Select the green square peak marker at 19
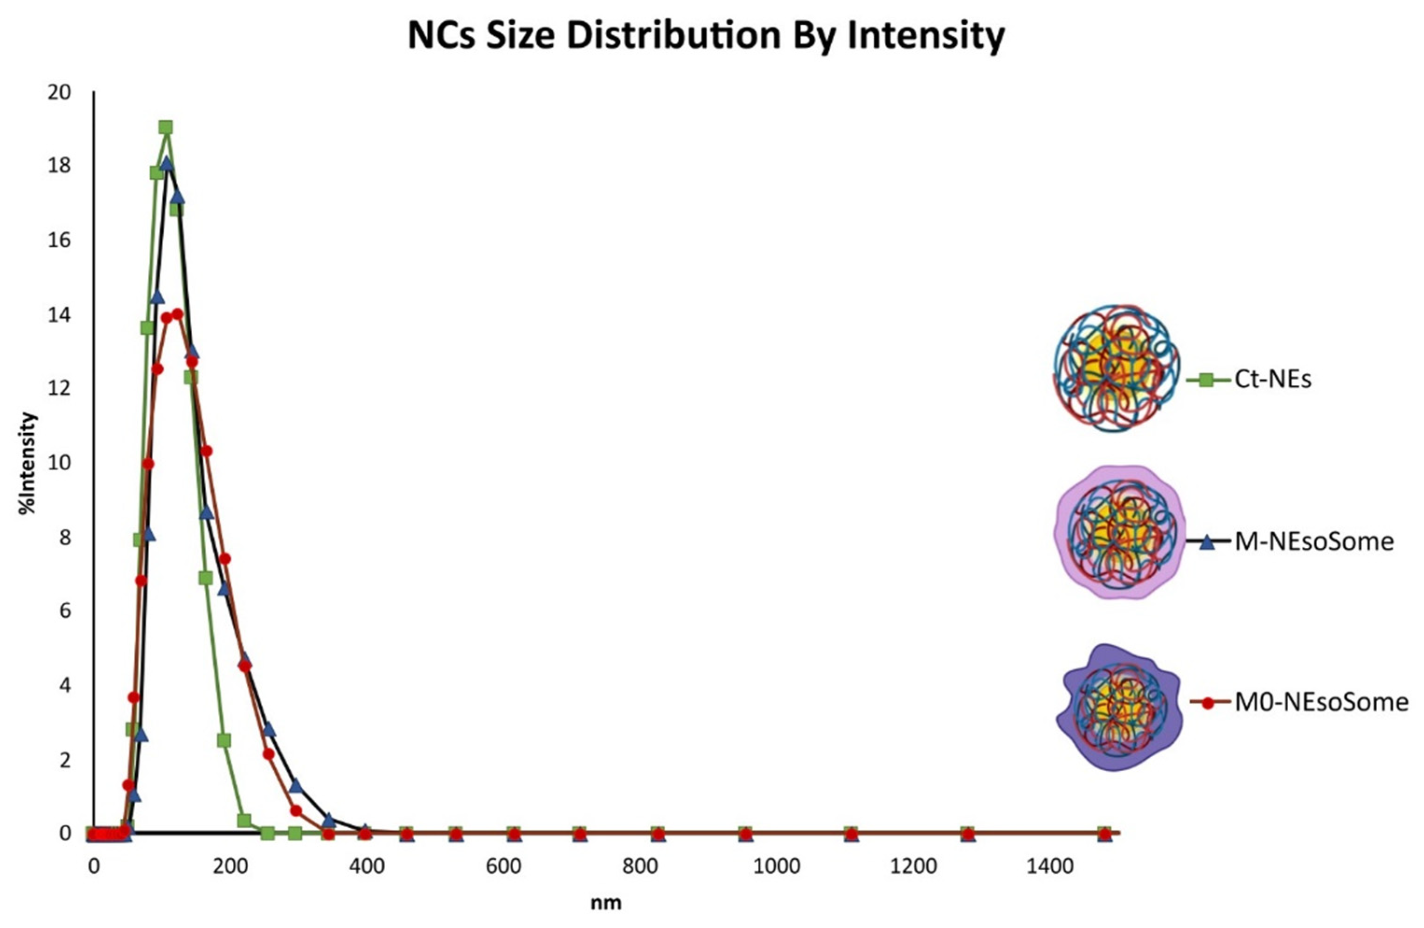click(166, 127)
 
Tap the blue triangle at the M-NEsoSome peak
click(167, 163)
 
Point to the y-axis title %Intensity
click(28, 464)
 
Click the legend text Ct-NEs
click(1272, 379)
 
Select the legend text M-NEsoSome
click(1314, 542)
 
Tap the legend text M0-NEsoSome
click(1321, 702)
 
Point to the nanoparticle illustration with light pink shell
click(1117, 532)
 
